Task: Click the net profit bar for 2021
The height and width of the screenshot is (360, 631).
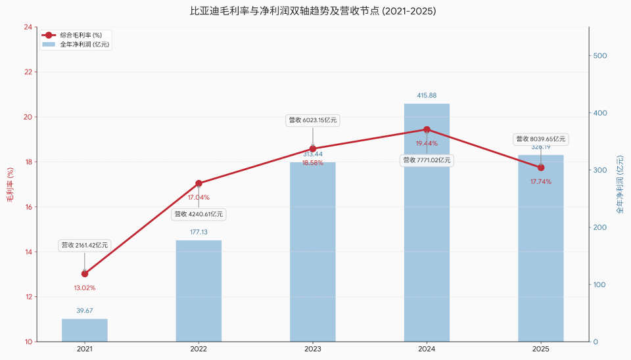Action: (x=85, y=330)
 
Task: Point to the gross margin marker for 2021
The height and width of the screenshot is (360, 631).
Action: (x=85, y=273)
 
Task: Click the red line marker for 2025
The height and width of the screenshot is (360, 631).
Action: (x=541, y=168)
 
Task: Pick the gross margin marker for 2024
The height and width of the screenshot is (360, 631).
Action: (x=427, y=129)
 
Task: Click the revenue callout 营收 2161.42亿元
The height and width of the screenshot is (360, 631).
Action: (x=85, y=245)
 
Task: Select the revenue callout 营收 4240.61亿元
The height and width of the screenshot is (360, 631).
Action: (x=199, y=214)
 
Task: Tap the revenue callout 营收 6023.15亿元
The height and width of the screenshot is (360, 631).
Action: (x=313, y=120)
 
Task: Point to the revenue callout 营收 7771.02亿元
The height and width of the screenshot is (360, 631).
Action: (x=427, y=160)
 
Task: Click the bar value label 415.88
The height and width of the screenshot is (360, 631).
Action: (x=427, y=96)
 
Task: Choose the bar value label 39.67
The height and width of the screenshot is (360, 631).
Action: (x=85, y=311)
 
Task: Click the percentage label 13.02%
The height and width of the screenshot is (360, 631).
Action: (x=85, y=288)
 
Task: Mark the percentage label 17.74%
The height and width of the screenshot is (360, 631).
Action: (x=541, y=182)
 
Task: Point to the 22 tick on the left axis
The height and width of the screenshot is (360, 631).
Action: (x=28, y=72)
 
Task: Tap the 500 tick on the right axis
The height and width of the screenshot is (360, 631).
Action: (x=599, y=56)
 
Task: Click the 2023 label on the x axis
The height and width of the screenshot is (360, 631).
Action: (x=313, y=349)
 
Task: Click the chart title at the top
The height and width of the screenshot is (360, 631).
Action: (x=313, y=11)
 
